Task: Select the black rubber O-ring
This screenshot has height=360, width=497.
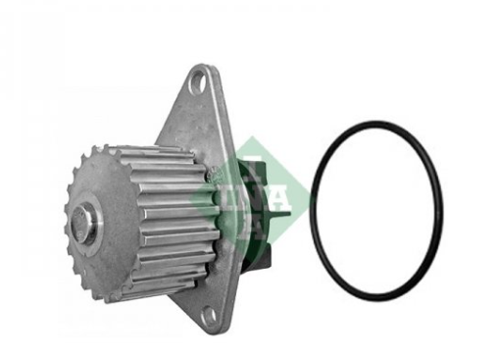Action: click(312, 209)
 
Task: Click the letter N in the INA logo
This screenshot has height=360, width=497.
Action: click(249, 199)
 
